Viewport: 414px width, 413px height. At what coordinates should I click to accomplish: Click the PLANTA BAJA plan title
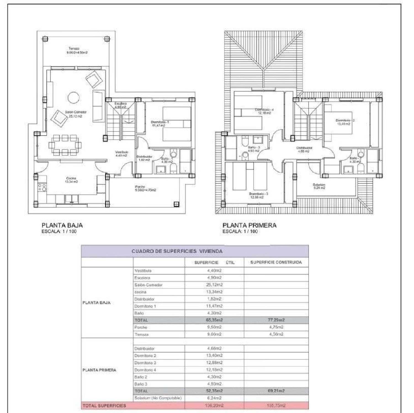62,225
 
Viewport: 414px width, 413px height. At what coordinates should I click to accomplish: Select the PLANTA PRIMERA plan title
249,225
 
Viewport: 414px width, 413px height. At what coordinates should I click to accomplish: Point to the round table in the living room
74,97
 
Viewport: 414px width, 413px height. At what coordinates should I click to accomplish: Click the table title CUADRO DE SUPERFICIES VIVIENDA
177,251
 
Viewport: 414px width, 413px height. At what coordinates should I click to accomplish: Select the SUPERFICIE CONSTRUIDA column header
276,262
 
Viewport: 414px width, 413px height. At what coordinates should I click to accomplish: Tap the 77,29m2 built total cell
276,320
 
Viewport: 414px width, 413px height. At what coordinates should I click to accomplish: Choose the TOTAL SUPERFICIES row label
104,406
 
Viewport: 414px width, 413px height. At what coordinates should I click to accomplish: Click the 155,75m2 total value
276,406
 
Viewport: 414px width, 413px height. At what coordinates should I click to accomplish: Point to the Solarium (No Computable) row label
158,398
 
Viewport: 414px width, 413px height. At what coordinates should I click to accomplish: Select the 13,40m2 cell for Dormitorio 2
214,356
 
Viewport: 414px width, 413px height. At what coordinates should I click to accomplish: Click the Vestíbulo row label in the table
143,271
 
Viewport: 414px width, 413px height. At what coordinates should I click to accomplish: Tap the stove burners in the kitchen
42,188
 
